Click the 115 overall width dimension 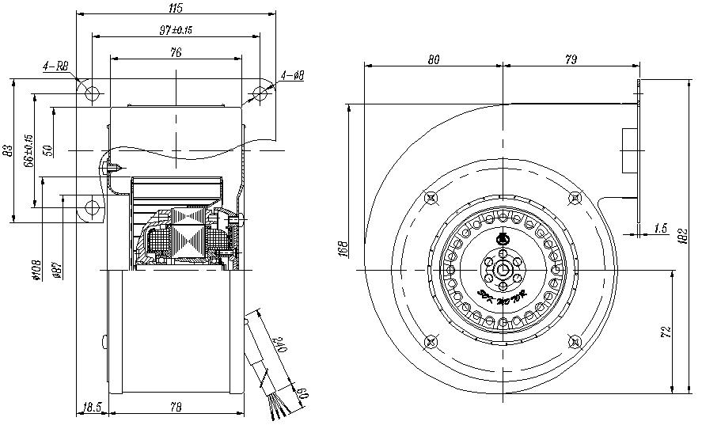point(176,8)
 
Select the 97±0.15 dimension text point(176,30)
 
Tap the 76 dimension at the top point(176,52)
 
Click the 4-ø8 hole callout point(293,76)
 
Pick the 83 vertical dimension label point(8,150)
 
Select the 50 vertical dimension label point(47,149)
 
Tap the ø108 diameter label point(36,271)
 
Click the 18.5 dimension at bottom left point(91,408)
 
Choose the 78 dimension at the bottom point(176,408)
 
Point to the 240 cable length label point(279,345)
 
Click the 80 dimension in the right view point(434,58)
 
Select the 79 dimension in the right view point(570,58)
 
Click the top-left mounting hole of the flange point(93,93)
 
